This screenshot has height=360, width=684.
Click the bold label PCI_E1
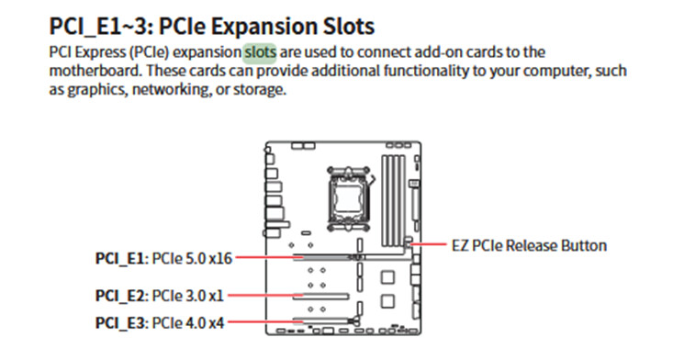click(119, 258)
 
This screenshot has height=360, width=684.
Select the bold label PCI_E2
click(119, 296)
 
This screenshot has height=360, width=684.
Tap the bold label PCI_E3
click(119, 323)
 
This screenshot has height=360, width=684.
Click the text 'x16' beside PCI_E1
click(220, 258)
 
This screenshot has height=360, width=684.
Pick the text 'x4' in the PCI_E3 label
click(217, 323)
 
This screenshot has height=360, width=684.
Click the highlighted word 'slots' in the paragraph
click(260, 52)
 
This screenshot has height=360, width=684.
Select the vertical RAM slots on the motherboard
click(394, 200)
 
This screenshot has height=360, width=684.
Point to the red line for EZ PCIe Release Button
click(429, 244)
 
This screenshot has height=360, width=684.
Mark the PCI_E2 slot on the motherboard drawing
click(321, 297)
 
